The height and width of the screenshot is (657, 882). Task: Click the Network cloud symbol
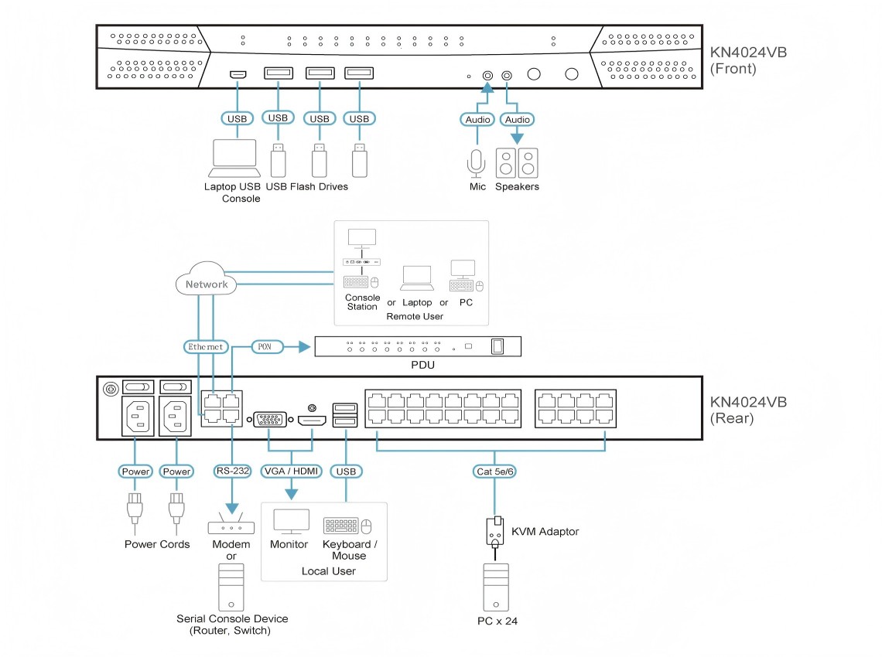pyautogui.click(x=207, y=284)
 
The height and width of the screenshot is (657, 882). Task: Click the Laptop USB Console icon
pyautogui.click(x=234, y=159)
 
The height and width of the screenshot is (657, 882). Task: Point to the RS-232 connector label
pyautogui.click(x=231, y=471)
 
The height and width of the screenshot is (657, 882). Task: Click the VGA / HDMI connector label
pyautogui.click(x=292, y=471)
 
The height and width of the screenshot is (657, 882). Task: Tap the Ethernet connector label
pyautogui.click(x=206, y=347)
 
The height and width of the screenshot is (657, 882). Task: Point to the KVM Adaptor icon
pyautogui.click(x=495, y=532)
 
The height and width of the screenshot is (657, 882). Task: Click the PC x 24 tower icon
pyautogui.click(x=495, y=587)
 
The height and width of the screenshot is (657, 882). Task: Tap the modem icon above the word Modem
pyautogui.click(x=231, y=525)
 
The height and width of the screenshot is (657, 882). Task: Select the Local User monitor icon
pyautogui.click(x=291, y=523)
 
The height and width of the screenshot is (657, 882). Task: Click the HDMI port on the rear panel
pyautogui.click(x=312, y=420)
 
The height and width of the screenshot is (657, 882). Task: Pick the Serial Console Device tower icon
pyautogui.click(x=231, y=587)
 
